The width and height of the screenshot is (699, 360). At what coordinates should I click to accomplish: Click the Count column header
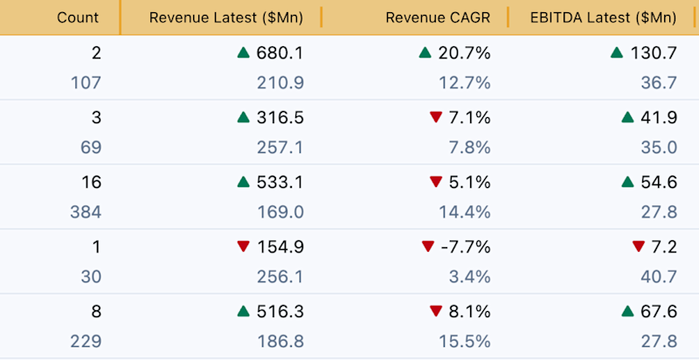(78, 17)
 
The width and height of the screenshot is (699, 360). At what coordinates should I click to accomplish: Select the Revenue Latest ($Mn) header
(226, 17)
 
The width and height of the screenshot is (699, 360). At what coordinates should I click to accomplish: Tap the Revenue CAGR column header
(438, 17)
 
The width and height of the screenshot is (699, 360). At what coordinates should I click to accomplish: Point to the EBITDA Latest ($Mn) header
(603, 17)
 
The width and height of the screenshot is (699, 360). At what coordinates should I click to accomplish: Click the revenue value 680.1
(280, 53)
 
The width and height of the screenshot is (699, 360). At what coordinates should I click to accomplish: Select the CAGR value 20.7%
(464, 53)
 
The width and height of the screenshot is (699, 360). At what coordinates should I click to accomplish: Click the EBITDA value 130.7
(654, 53)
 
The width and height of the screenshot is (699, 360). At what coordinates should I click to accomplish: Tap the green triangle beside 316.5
(244, 118)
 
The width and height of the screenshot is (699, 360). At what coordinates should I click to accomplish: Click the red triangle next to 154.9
(244, 246)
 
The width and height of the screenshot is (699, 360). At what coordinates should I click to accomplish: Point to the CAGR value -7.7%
(466, 246)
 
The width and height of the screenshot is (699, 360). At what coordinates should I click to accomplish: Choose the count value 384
(86, 212)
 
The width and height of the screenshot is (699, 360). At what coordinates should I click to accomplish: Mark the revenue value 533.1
(280, 183)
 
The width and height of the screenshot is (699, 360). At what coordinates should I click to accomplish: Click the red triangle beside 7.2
(639, 246)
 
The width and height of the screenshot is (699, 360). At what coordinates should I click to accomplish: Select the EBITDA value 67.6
(659, 311)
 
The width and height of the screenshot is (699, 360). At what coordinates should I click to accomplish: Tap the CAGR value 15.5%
(465, 342)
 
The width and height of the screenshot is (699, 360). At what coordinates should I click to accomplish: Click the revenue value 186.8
(280, 342)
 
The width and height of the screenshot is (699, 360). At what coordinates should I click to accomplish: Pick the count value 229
(86, 342)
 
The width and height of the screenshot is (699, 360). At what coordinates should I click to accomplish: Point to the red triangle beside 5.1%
(435, 182)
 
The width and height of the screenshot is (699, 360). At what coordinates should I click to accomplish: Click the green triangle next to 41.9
(627, 118)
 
